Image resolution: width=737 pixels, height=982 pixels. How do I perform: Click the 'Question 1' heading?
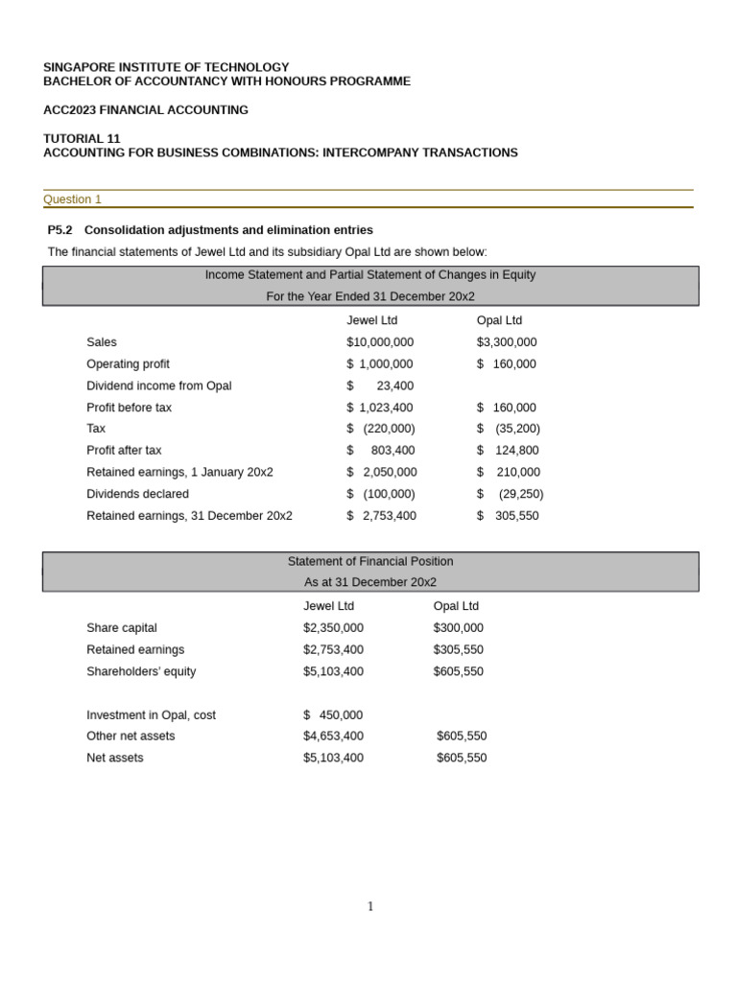[72, 199]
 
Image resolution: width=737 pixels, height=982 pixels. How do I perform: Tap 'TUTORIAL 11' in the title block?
[82, 138]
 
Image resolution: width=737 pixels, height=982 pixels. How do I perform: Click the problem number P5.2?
[59, 230]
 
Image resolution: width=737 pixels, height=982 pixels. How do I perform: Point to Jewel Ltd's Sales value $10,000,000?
[380, 342]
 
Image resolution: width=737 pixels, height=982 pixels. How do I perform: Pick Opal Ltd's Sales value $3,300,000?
[507, 342]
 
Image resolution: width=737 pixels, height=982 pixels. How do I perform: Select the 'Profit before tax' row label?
[129, 408]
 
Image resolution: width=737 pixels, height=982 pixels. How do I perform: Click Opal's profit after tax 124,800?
[516, 451]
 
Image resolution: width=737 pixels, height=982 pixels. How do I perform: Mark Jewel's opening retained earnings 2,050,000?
[389, 472]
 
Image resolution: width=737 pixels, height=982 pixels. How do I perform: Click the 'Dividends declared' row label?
[137, 494]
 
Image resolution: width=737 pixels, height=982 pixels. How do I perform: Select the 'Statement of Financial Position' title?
[370, 561]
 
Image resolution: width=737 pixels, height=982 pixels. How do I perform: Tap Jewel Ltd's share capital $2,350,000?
[333, 628]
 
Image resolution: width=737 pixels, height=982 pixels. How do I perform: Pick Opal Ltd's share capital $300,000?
[458, 628]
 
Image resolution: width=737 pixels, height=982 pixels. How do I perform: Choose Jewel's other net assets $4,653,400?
[333, 736]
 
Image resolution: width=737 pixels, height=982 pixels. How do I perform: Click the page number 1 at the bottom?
[370, 906]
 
